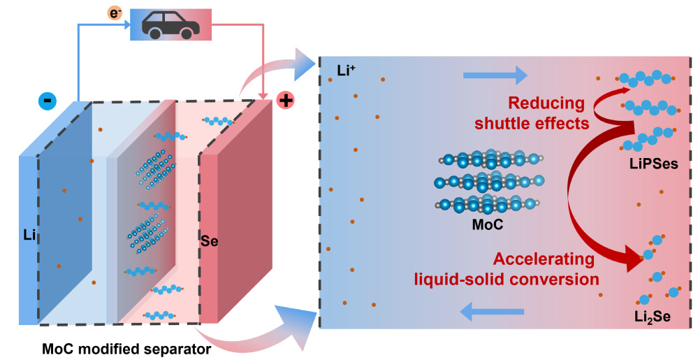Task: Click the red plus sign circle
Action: point(285,101)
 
